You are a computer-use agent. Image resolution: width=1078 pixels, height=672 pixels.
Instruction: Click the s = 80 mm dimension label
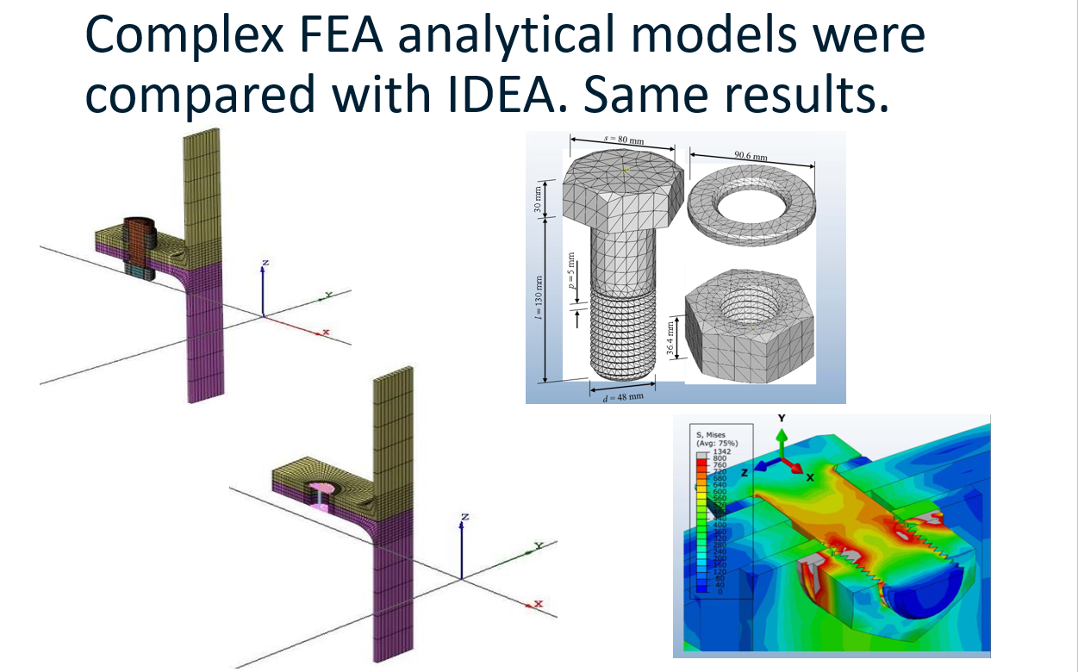[608, 140]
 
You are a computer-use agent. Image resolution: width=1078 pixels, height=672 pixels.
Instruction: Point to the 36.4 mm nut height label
[670, 339]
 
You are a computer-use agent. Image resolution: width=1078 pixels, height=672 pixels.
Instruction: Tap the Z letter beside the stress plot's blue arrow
[743, 473]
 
